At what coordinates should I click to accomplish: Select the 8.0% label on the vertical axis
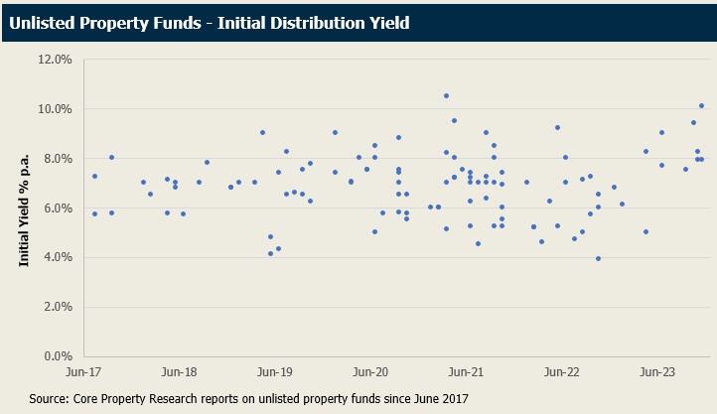[60, 159]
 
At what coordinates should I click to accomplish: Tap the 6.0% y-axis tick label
[60, 208]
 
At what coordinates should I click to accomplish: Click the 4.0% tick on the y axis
[60, 258]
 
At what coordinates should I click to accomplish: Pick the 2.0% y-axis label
[60, 307]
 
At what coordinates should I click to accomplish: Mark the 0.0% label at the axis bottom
[60, 356]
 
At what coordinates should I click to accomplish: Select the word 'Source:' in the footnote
[48, 398]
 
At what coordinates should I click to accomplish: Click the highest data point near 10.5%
[447, 96]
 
